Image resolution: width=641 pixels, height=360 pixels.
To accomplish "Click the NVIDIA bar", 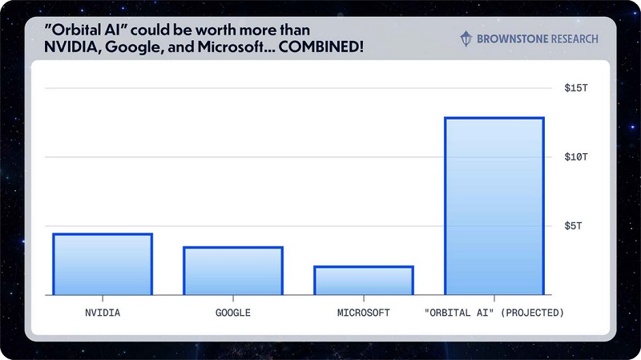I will [x=102, y=265].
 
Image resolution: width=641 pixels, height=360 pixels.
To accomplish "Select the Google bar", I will [x=232, y=271].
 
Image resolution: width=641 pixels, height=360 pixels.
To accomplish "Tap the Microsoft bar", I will [x=363, y=281].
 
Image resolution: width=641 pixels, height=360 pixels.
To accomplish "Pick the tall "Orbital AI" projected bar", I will [x=494, y=206].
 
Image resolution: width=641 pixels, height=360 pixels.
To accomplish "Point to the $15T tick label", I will [x=576, y=87].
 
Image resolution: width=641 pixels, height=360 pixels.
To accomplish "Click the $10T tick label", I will [x=576, y=157].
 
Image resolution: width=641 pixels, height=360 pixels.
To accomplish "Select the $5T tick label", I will [x=579, y=226].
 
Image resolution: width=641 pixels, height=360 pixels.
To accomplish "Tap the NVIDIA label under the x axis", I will [x=102, y=312].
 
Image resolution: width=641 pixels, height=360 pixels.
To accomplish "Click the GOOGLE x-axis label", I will [x=232, y=312].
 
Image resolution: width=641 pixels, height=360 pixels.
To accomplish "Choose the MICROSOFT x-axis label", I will [x=363, y=312].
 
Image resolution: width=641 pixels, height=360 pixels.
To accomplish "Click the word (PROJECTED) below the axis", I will [x=532, y=312].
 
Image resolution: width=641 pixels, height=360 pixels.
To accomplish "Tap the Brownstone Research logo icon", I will [x=466, y=38].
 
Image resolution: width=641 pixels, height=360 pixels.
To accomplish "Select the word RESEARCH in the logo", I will [x=571, y=38].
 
